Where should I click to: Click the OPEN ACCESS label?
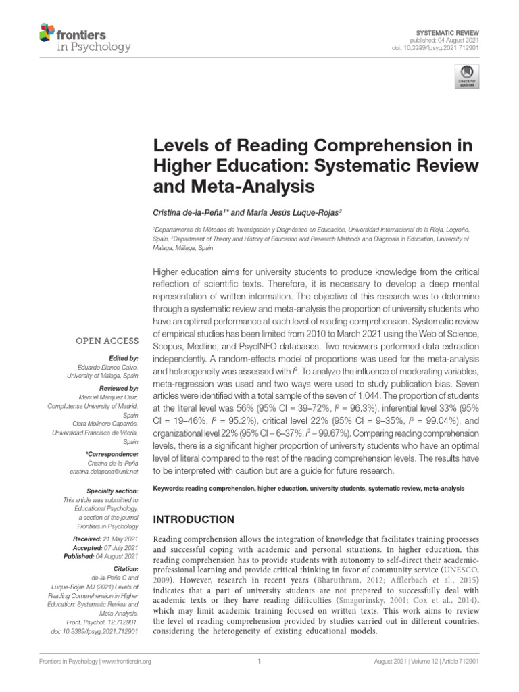[107, 341]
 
